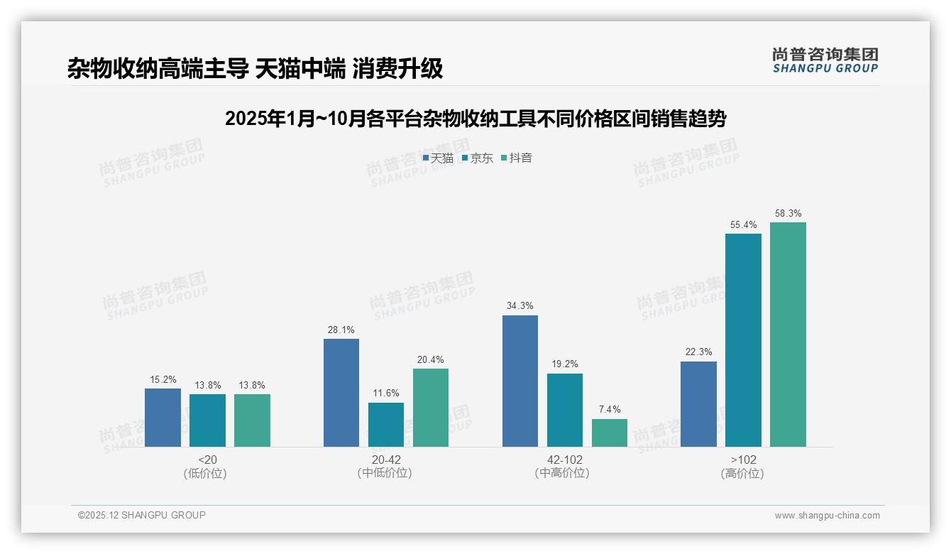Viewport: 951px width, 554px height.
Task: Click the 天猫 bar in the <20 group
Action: coord(163,418)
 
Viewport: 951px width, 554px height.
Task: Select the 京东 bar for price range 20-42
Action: coord(386,425)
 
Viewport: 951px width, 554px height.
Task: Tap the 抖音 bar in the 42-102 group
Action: coord(610,433)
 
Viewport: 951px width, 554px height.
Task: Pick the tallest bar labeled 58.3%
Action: coord(788,335)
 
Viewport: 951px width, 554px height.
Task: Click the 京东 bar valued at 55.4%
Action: coord(743,340)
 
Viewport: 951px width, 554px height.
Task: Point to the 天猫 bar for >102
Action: coord(698,404)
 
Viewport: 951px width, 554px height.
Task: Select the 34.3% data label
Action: coord(520,305)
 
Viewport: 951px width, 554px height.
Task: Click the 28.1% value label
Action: coord(341,330)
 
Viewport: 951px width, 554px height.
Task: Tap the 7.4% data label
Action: coord(610,409)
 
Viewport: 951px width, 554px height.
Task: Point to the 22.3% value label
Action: coord(698,352)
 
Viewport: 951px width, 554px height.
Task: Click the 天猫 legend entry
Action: coord(438,158)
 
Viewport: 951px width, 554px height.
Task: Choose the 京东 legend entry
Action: coord(477,158)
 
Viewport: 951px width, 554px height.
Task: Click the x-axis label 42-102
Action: coord(564,460)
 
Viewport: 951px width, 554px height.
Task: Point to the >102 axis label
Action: coord(743,460)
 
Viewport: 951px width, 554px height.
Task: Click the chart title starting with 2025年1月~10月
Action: coord(475,119)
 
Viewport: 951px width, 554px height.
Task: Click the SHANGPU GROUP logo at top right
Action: coord(825,60)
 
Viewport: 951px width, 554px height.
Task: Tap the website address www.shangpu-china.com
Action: coord(827,516)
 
